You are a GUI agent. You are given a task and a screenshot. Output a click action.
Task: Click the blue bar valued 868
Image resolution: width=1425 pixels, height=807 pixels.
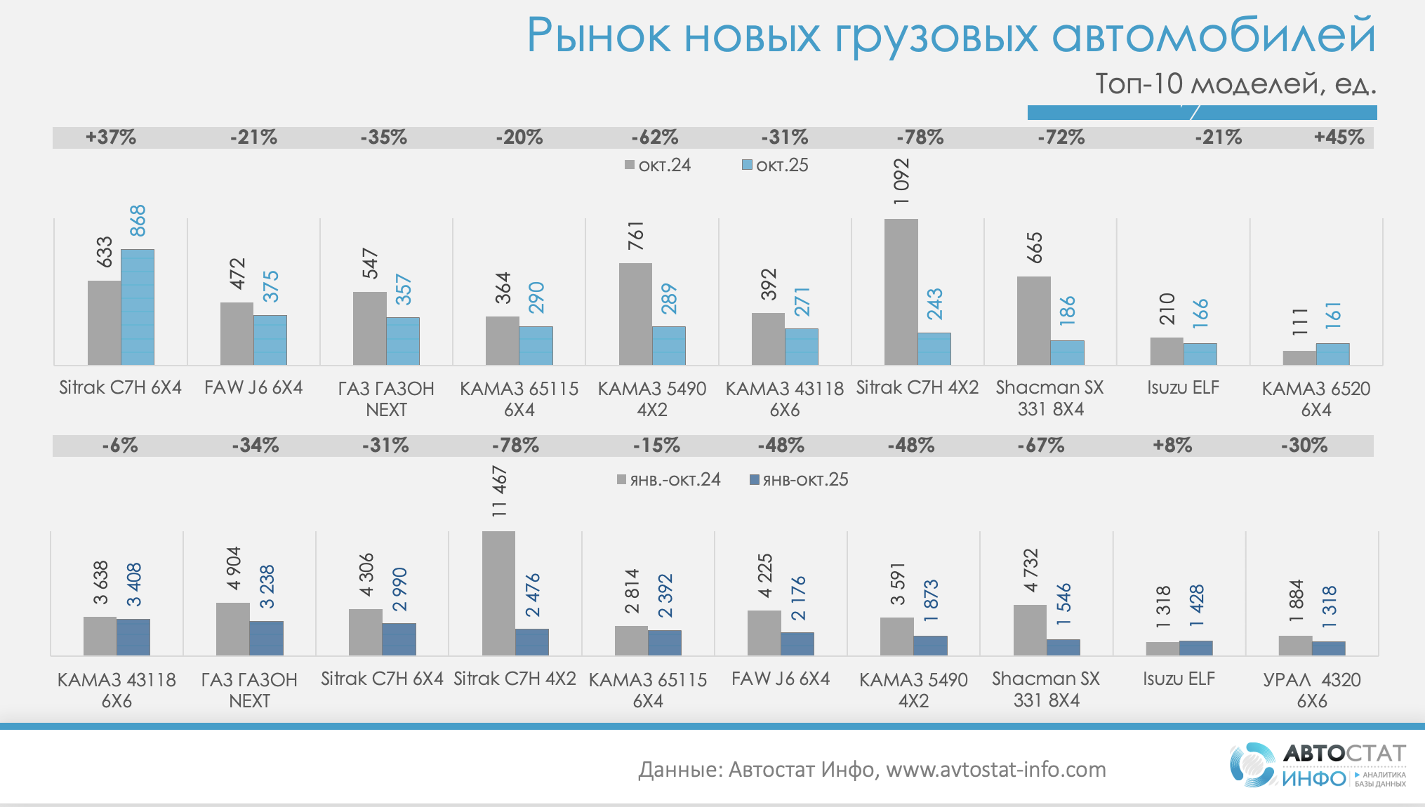138,307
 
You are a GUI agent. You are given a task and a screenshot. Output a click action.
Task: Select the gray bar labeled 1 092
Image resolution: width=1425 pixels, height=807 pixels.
901,291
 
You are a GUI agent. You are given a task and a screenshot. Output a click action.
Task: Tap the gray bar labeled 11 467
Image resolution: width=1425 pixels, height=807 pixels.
498,593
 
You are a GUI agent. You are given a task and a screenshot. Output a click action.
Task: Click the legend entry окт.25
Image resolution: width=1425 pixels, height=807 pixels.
775,166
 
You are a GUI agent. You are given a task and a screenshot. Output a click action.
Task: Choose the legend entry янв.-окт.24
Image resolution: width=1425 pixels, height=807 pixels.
668,480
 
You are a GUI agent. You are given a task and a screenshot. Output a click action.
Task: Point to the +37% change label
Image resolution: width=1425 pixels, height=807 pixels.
111,137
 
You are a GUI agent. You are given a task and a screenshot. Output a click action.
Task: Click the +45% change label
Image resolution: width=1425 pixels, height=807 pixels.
1339,137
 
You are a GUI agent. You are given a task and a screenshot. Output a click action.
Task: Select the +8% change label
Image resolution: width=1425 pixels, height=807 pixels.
1172,445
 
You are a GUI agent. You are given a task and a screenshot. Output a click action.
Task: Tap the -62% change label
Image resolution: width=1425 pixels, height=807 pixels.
654,137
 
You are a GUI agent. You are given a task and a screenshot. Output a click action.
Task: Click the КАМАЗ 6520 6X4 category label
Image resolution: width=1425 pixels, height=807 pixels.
1315,399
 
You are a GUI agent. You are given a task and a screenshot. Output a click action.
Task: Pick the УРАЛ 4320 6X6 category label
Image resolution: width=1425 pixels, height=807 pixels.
1311,690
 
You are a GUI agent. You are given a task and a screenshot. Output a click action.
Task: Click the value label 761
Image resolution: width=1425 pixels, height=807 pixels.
636,236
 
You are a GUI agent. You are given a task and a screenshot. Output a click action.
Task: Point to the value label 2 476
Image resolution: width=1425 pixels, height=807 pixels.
533,595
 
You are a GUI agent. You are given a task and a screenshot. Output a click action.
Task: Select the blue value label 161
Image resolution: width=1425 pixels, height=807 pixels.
1333,316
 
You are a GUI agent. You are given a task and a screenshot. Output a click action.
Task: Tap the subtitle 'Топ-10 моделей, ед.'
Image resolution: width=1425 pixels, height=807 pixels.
1235,84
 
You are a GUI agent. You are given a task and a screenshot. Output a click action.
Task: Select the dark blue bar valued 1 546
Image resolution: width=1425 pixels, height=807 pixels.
1063,647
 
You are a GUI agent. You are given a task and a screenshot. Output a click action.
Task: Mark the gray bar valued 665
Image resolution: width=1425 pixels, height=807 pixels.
1033,321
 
